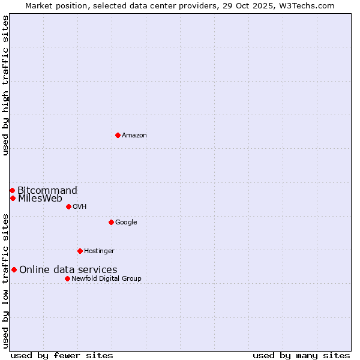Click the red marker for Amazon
click(x=118, y=135)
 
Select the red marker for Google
click(x=111, y=222)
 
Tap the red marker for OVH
click(x=68, y=206)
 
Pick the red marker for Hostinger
click(x=80, y=251)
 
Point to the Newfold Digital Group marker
click(x=67, y=278)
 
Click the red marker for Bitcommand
click(x=12, y=190)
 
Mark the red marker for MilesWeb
click(x=13, y=198)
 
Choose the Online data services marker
click(x=14, y=269)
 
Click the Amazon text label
click(x=134, y=136)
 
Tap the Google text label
click(x=126, y=223)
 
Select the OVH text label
click(x=80, y=207)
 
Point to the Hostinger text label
click(x=99, y=251)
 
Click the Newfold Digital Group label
click(x=106, y=279)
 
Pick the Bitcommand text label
click(x=47, y=191)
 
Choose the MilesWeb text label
click(x=40, y=199)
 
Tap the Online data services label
click(x=68, y=270)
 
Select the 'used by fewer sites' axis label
click(x=62, y=355)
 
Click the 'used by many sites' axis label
click(x=301, y=355)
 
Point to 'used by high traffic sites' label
click(x=5, y=85)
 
